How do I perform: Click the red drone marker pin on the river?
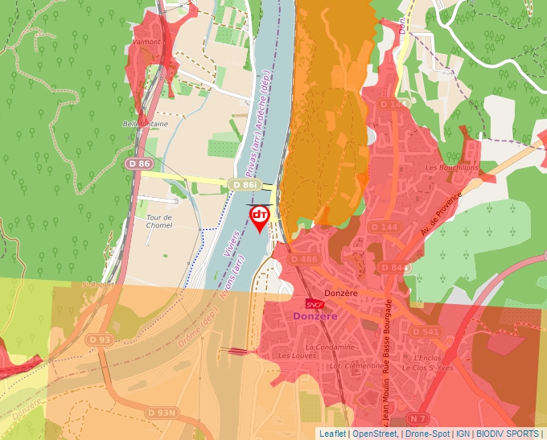coord(260,217)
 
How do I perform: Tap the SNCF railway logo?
coord(315,304)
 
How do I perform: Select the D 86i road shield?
coord(245,185)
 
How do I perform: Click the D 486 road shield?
coord(304,259)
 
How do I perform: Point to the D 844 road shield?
coord(393,267)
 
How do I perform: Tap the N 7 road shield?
coord(417,418)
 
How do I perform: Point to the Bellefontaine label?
coord(145,124)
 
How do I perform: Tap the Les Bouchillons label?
coord(451,167)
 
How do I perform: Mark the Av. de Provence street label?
coord(442,213)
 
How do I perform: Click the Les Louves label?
coord(294,355)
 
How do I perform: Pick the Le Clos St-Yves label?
coord(434,368)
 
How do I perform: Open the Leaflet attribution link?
coord(333,434)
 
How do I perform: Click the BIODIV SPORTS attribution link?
coord(512,434)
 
